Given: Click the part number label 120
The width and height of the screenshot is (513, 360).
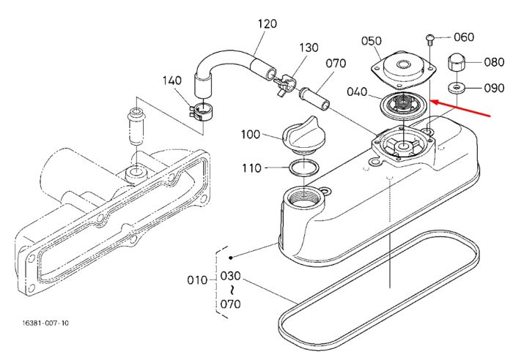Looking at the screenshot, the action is click(267, 24).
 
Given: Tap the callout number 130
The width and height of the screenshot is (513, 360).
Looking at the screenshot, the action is click(309, 48).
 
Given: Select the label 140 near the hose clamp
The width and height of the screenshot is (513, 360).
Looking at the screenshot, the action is click(172, 80).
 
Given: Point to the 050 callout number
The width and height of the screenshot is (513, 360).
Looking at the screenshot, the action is click(372, 41).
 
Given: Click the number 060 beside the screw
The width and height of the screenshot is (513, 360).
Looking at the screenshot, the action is click(464, 37).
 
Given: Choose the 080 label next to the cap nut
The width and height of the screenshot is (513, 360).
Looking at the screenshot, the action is click(494, 61).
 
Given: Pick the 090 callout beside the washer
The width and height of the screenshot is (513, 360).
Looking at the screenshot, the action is click(494, 88).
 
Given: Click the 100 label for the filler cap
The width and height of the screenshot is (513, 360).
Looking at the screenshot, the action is click(251, 134).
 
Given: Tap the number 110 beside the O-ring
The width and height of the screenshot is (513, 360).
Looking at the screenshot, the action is click(251, 168).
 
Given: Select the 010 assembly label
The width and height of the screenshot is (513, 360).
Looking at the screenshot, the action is click(197, 280).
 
